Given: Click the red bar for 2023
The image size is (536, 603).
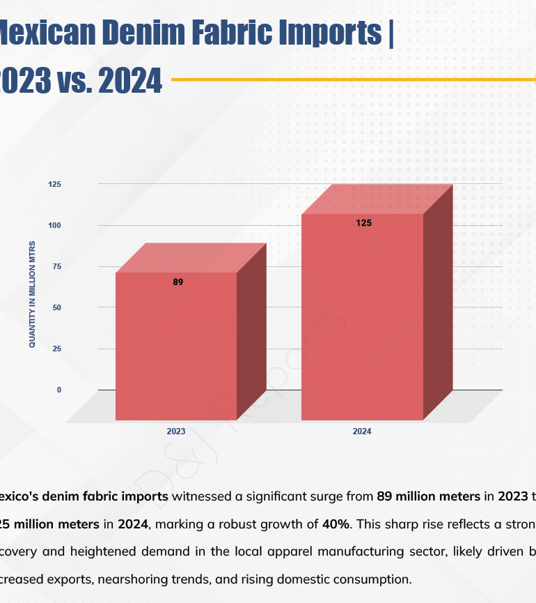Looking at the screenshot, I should click(176, 345).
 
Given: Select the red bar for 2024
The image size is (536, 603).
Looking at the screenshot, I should click(362, 317).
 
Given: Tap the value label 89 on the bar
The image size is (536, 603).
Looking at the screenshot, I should click(178, 282).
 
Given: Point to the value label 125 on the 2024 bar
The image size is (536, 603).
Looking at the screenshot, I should click(363, 224).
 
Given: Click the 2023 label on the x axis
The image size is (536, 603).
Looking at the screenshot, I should click(176, 432).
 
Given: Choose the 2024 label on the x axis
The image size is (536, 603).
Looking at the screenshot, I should click(362, 432).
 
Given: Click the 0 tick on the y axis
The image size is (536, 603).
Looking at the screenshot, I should click(58, 390).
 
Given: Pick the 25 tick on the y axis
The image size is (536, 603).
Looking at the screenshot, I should click(57, 349).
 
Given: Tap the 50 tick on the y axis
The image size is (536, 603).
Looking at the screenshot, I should click(57, 307).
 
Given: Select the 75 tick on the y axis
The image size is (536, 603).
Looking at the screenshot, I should click(57, 266).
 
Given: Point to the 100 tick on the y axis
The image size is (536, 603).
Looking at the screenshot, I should click(55, 225).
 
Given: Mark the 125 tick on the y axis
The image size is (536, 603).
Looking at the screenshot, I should click(55, 184).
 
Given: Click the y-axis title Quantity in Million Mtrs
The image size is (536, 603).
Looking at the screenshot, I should click(32, 294).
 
